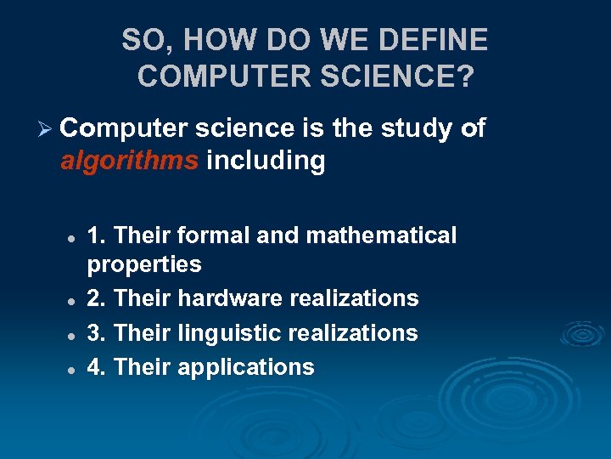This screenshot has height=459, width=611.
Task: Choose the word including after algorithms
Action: pos(266,161)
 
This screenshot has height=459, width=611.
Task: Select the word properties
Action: pos(144,265)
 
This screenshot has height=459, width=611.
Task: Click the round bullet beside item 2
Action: pos(73,300)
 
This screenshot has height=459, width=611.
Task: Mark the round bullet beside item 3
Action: pos(73,335)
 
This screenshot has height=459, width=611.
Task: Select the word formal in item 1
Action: pos(204,235)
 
